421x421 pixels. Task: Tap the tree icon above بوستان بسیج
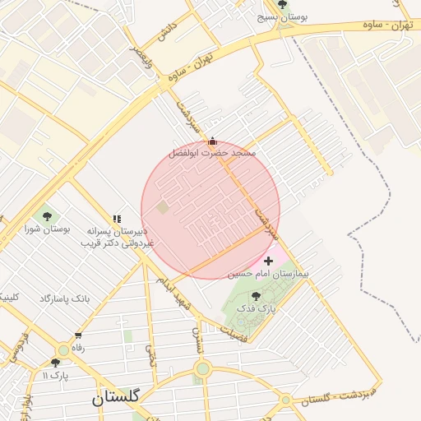(x=283, y=4)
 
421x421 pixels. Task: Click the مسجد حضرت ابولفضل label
(x=212, y=154)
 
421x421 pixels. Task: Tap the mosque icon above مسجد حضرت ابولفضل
(x=213, y=141)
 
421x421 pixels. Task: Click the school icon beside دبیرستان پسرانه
(x=117, y=220)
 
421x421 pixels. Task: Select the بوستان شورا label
(x=48, y=229)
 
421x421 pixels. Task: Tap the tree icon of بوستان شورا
(x=45, y=215)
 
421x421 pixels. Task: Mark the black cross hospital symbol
(x=269, y=261)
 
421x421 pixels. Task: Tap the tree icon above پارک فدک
(x=256, y=295)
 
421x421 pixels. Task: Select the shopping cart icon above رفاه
(x=78, y=335)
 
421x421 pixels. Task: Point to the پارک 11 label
(x=56, y=375)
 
